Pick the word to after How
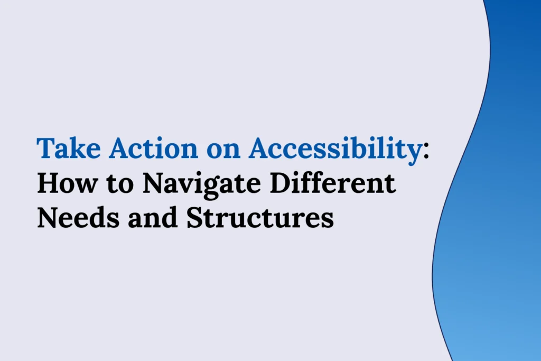point(115,184)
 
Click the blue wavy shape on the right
point(497,211)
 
